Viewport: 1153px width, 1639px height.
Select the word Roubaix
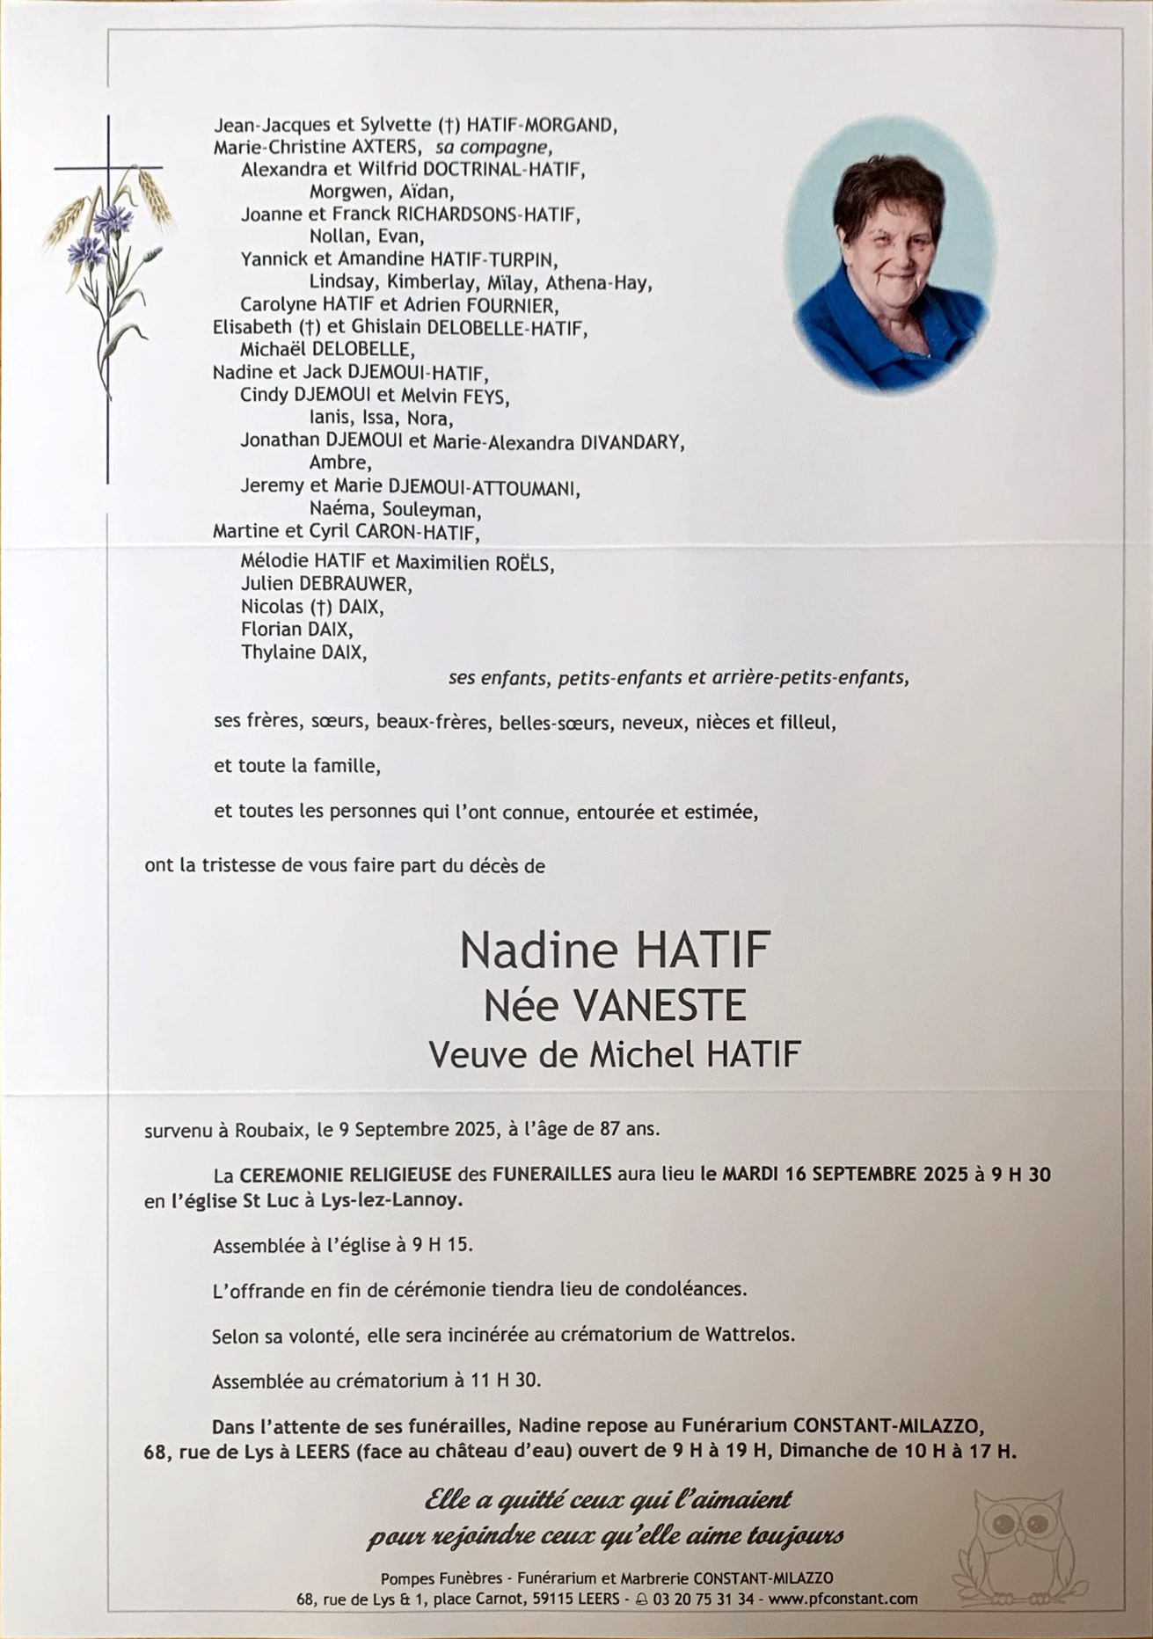(266, 1130)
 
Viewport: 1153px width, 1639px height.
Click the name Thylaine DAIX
(303, 652)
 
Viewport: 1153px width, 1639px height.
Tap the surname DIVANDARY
(631, 441)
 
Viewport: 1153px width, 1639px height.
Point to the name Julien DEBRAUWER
(325, 584)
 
